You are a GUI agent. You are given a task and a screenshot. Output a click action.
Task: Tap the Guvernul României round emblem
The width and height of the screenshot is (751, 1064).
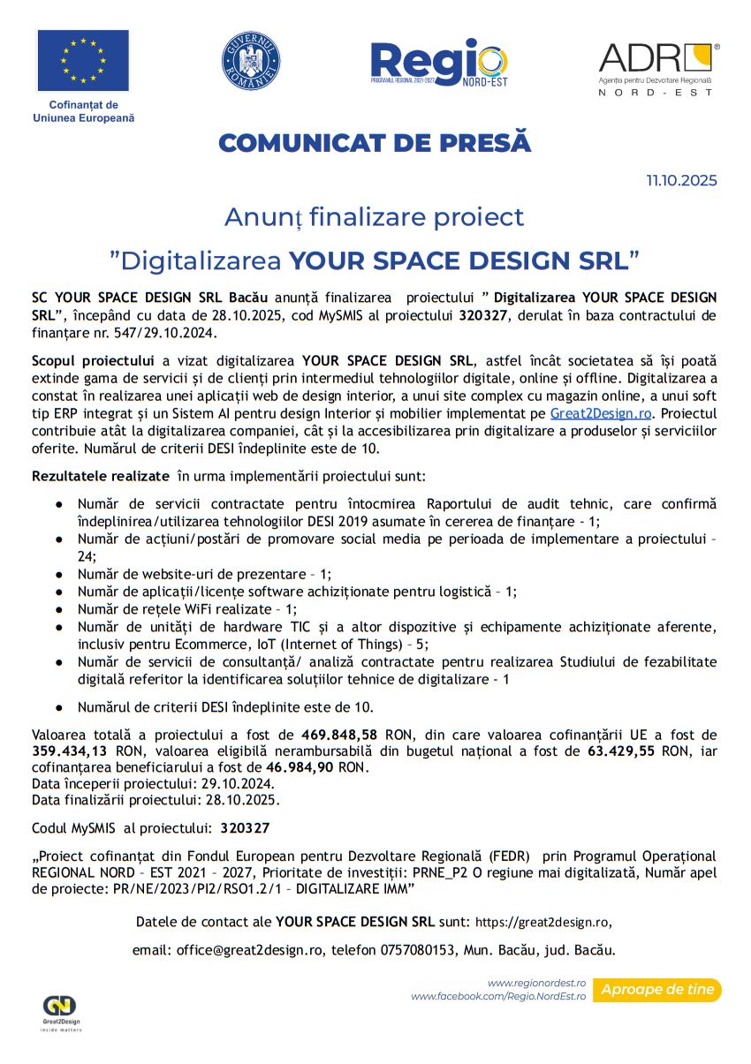click(251, 60)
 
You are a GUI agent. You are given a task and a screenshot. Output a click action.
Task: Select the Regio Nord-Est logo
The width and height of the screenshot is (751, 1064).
click(439, 63)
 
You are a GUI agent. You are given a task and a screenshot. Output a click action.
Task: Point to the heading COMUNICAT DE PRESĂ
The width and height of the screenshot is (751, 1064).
click(375, 143)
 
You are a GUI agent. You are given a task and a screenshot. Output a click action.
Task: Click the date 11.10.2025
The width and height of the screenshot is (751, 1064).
click(681, 181)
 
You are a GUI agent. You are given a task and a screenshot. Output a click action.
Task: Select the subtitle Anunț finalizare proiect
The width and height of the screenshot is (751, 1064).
click(374, 216)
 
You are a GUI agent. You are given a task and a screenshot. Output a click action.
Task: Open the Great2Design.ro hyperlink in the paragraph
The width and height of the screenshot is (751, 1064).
click(600, 413)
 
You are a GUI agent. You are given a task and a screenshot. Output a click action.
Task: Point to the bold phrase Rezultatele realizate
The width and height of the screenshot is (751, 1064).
click(100, 476)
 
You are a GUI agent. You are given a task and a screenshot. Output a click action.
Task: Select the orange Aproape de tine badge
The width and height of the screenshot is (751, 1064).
click(656, 990)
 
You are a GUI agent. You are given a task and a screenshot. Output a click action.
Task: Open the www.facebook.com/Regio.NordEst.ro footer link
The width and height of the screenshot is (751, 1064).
click(498, 997)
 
